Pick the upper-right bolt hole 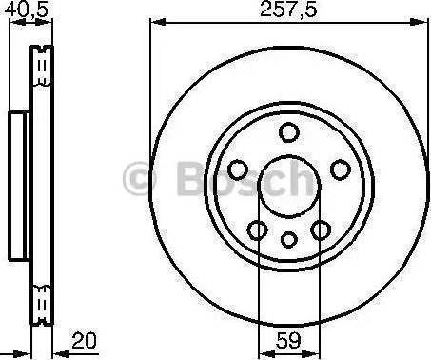(340, 169)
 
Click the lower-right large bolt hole (322, 229)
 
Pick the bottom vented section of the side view (41, 303)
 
